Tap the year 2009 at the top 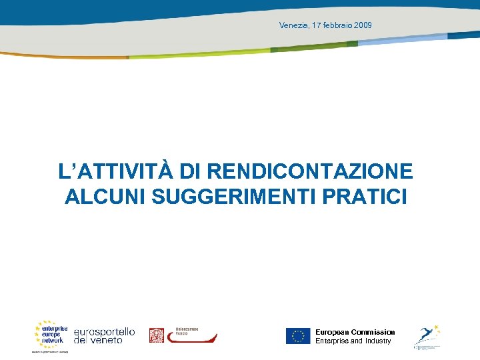[x=363, y=25]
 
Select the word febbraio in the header [x=337, y=25]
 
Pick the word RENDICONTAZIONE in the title [x=310, y=171]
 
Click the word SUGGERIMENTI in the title [x=225, y=197]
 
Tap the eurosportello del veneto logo [x=104, y=335]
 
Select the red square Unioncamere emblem [x=156, y=335]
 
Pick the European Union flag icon [x=298, y=336]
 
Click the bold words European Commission [x=355, y=332]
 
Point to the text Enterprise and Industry [x=353, y=341]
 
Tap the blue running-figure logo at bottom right [x=427, y=335]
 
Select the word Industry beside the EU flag [x=378, y=341]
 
